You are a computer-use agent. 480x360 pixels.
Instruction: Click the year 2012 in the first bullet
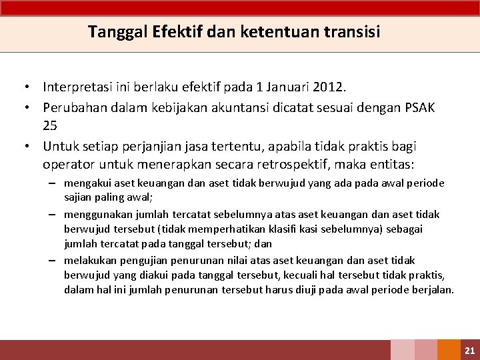point(329,87)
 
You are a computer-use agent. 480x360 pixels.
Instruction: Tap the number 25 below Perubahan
point(50,125)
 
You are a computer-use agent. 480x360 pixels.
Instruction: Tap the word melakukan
point(90,260)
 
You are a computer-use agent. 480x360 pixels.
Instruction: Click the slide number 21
point(469,350)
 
